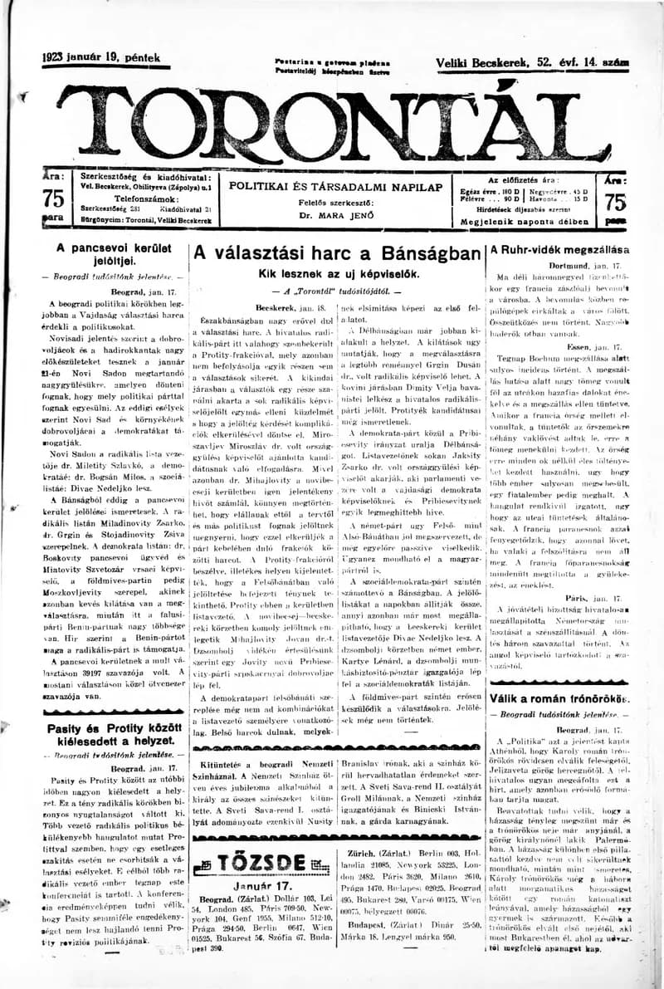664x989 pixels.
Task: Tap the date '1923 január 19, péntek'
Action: [x=100, y=58]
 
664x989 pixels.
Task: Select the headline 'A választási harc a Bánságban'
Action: [x=337, y=253]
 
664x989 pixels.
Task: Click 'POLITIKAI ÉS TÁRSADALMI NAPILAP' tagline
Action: [x=336, y=186]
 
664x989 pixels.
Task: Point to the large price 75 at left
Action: [x=53, y=199]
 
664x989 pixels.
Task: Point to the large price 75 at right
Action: [x=616, y=201]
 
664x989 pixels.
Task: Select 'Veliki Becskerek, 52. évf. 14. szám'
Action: [x=532, y=62]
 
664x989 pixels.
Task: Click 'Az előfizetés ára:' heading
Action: [x=523, y=179]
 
